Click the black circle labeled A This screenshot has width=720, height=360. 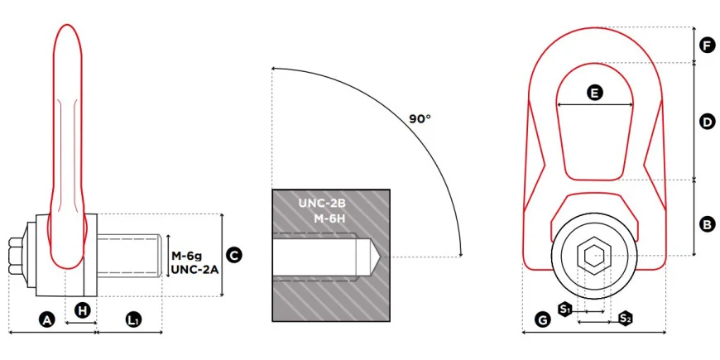click(47, 320)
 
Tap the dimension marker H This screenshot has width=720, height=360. click(83, 311)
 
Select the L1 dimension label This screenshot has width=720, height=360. click(133, 320)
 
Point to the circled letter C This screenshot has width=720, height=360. click(234, 255)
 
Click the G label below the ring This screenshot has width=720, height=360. click(543, 320)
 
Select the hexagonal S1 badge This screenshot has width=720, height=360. click(564, 309)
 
